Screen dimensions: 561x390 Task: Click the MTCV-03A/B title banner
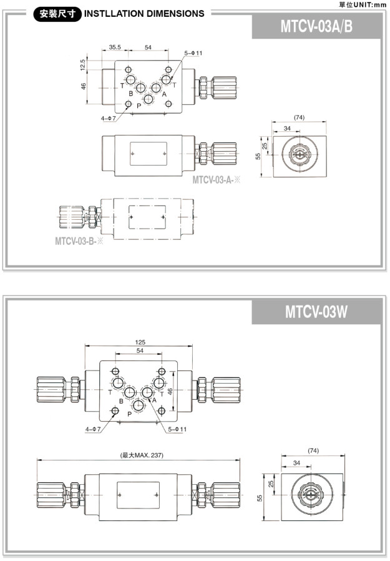click(x=317, y=27)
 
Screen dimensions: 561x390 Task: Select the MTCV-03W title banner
click(x=316, y=311)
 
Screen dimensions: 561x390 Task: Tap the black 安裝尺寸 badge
click(x=57, y=13)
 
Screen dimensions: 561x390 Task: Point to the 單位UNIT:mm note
click(x=362, y=4)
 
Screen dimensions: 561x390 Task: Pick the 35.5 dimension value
click(x=114, y=47)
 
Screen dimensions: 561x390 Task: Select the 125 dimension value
click(x=140, y=342)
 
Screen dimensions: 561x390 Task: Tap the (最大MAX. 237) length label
click(x=140, y=455)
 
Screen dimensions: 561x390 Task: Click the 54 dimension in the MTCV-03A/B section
click(x=148, y=47)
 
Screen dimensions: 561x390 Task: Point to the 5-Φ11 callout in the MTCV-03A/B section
click(x=193, y=53)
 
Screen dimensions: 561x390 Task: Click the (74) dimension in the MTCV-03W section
click(x=313, y=450)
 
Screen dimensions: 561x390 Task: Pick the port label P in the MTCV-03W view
click(x=129, y=414)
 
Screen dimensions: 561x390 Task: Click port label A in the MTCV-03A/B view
click(x=164, y=94)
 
